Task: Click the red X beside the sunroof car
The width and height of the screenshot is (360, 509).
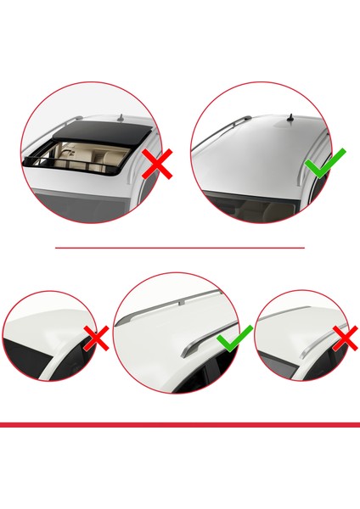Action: tap(156, 164)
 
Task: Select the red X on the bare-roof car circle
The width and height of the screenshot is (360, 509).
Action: tap(96, 338)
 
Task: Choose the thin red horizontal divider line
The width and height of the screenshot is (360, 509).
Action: tap(179, 248)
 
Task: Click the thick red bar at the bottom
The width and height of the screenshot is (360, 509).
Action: tap(179, 424)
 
